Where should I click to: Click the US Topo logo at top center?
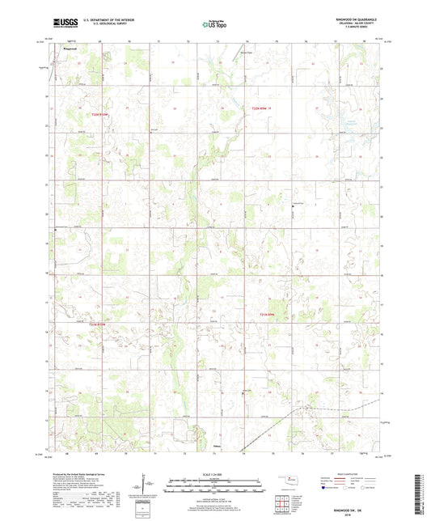point(215,25)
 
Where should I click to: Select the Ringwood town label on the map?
point(70,49)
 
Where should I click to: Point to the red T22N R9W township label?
point(256,108)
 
